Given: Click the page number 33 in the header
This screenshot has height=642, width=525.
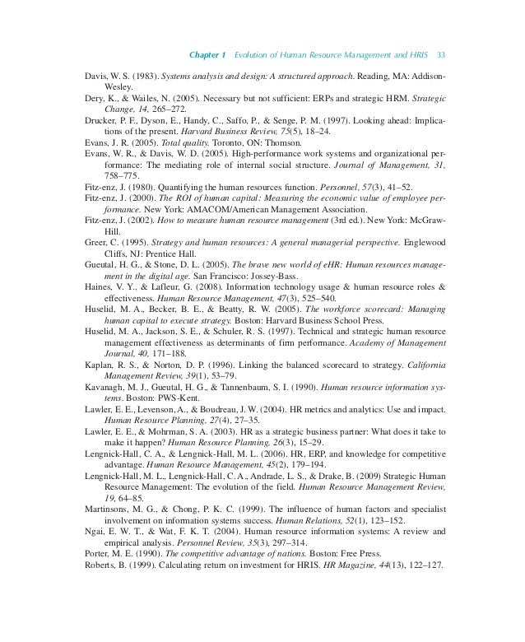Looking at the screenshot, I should click(442, 54).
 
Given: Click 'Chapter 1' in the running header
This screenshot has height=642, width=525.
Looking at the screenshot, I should click(209, 54).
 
